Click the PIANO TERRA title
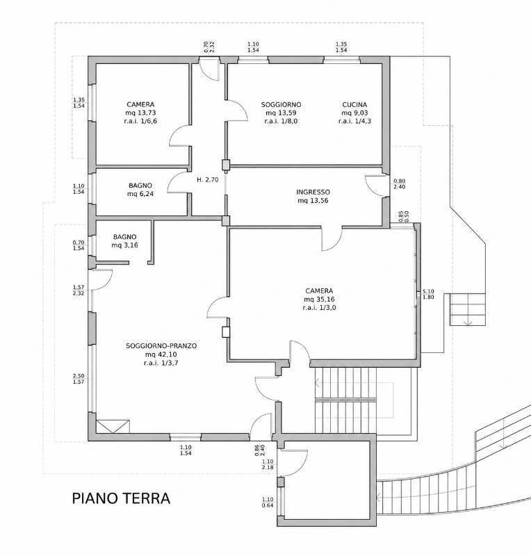point(121,498)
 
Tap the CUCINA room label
point(354,105)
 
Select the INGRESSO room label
point(313,193)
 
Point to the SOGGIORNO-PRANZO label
point(161,345)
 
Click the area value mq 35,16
point(319,300)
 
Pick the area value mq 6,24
point(140,194)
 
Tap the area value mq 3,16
point(125,245)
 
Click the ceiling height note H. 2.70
point(208,179)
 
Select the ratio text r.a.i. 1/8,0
point(281,121)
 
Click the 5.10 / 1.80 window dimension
point(429,294)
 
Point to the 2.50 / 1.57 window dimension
point(79,379)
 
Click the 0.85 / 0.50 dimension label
point(404,216)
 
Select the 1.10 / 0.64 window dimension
point(268,502)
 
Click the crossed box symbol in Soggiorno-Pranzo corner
point(113,426)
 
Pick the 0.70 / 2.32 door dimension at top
point(209,47)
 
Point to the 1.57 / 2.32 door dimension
point(79,290)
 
